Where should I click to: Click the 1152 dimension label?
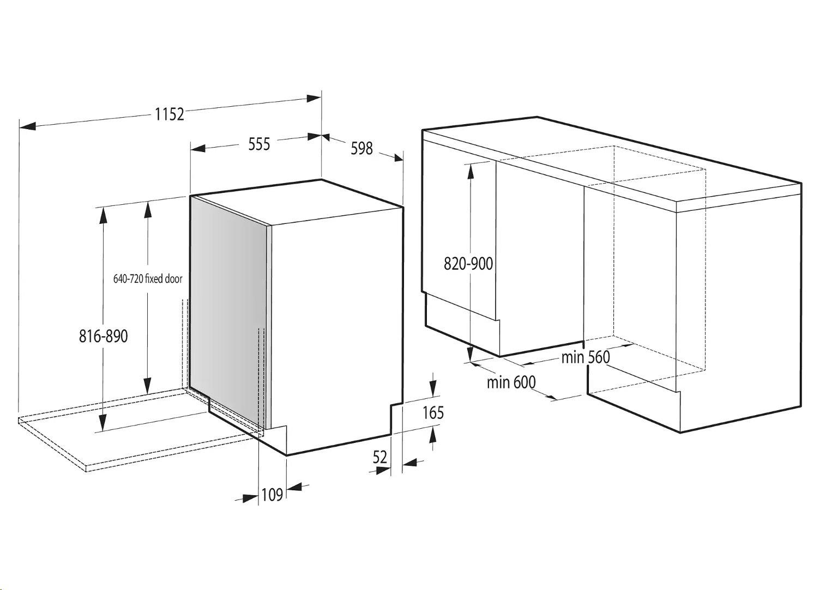169,114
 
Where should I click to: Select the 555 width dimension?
259,144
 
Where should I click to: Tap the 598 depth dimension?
361,148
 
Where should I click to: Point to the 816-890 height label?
104,336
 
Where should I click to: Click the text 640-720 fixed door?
148,279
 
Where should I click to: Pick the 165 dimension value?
433,412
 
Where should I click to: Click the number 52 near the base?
379,457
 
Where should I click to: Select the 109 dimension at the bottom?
273,495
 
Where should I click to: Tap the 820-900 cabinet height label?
468,264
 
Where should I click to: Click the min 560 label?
586,357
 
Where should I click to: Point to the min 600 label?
511,382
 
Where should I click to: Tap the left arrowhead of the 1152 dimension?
27,126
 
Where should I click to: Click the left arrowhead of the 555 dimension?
198,148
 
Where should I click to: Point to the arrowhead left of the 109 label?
251,498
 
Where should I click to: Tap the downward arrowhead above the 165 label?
433,388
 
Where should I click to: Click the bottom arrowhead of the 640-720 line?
147,385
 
